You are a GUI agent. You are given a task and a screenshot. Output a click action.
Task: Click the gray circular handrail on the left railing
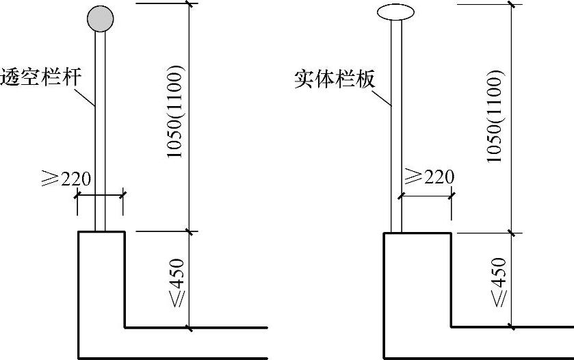pos(100,18)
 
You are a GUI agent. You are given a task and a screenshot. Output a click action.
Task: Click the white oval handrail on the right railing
pos(395,12)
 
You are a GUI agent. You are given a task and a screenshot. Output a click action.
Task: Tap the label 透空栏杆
pos(40,75)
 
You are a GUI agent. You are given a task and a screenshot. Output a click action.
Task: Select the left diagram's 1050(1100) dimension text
pos(175,113)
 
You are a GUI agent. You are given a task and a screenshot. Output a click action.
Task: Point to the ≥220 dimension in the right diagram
pos(429,177)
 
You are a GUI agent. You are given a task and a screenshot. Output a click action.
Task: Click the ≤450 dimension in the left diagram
pos(177,281)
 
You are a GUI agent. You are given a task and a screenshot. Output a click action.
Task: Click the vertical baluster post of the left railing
pos(100,137)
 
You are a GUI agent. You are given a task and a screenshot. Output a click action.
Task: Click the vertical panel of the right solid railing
pos(395,137)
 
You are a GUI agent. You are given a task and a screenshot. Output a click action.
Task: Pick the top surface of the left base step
pos(101,233)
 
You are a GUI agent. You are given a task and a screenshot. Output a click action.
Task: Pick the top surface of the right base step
pos(417,233)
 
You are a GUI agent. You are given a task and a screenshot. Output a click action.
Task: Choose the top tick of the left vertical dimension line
pos(190,3)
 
